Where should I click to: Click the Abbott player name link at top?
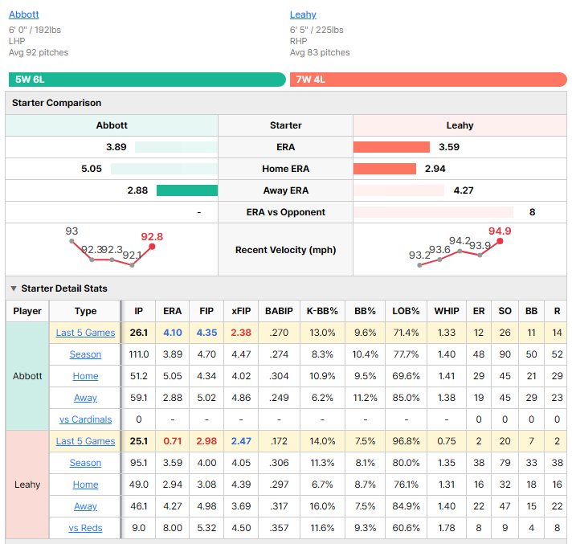point(24,14)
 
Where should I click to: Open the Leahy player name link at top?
point(303,14)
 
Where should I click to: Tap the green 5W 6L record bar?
point(147,80)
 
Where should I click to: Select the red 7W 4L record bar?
point(428,80)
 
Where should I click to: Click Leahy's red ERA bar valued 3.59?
point(391,147)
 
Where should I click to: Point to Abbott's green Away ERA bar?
point(187,190)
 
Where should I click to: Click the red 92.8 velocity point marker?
point(152,247)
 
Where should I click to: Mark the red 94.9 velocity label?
point(500,231)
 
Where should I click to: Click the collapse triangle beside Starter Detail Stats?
point(14,288)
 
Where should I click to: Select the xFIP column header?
point(241,311)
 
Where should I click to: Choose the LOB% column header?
point(406,311)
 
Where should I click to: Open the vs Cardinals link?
point(86,419)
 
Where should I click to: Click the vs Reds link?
point(86,528)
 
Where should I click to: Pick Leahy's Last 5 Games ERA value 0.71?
point(172,441)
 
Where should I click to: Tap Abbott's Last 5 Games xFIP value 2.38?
point(241,333)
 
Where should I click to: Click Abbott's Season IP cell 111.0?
point(139,354)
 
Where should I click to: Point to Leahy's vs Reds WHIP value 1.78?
point(447,528)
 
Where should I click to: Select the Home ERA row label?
point(286,169)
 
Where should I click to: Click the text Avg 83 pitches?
point(320,52)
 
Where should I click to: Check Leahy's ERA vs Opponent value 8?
point(533,212)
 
